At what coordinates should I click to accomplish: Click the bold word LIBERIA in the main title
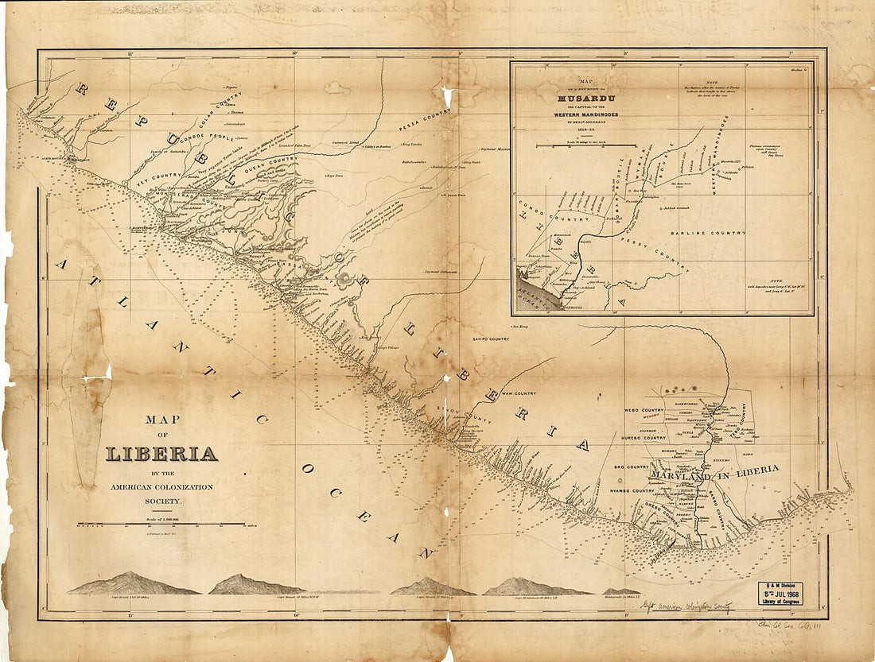161,454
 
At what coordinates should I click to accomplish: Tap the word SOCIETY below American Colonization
162,501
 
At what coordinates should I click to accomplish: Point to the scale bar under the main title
161,524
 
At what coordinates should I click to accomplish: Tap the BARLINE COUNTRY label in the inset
708,233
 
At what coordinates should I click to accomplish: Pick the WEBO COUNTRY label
644,410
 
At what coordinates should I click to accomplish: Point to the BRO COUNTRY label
633,467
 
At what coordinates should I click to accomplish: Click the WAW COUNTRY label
518,393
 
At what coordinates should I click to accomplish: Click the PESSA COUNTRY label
424,121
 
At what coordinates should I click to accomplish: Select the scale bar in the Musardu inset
586,146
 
